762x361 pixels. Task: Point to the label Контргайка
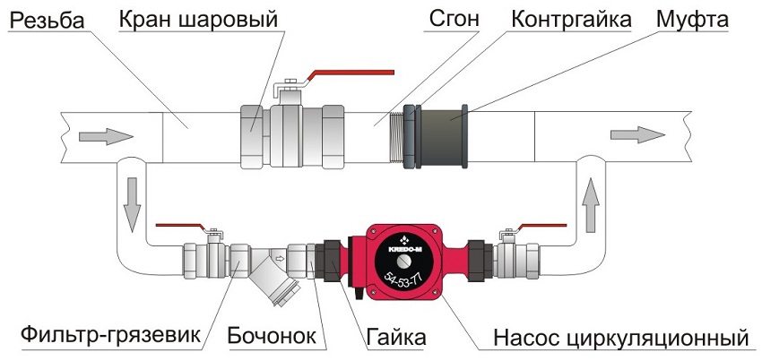[571, 19]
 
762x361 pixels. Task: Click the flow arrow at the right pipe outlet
[637, 134]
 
